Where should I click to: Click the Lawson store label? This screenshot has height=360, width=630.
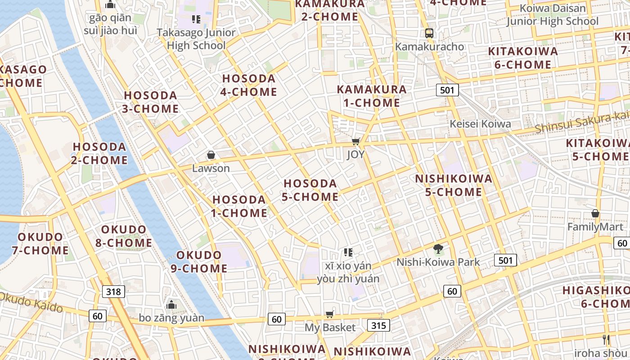[x=211, y=168]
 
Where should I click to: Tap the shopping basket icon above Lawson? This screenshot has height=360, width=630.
[x=211, y=155]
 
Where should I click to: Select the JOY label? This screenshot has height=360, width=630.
[x=355, y=154]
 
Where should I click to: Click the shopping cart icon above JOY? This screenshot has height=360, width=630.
[x=355, y=142]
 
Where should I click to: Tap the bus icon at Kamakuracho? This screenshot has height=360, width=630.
[x=429, y=33]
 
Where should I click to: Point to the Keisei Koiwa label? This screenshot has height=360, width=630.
[x=481, y=124]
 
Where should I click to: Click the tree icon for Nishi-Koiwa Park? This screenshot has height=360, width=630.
[x=438, y=248]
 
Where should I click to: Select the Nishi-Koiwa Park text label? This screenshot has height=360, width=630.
[x=438, y=262]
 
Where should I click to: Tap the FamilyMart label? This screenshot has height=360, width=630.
[x=595, y=227]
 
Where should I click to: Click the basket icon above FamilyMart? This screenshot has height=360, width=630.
[x=595, y=213]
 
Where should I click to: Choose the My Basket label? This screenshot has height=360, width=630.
[x=330, y=327]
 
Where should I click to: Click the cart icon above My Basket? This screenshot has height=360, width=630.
[x=330, y=314]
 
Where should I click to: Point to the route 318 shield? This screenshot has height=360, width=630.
[x=113, y=292]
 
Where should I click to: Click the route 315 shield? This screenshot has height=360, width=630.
[x=378, y=325]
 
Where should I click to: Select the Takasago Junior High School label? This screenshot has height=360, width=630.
[x=196, y=39]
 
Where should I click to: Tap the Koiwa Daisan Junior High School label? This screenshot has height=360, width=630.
[x=553, y=14]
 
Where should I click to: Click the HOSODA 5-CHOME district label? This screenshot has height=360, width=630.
[x=310, y=190]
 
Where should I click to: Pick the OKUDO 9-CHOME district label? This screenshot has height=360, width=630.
[x=199, y=261]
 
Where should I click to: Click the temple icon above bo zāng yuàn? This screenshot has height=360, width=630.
[x=171, y=305]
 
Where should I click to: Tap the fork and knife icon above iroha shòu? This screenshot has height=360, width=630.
[x=606, y=339]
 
